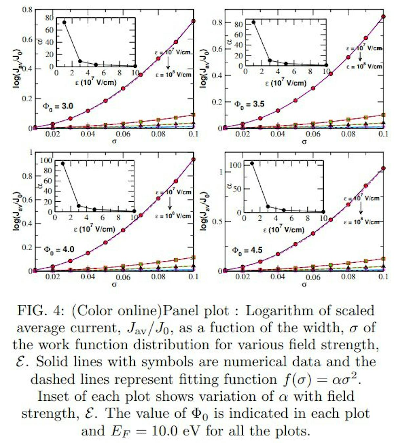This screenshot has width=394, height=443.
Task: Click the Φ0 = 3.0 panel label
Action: tap(58, 106)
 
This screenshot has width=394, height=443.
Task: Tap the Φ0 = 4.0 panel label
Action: tap(59, 250)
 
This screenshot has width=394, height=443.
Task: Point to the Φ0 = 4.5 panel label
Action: tap(247, 251)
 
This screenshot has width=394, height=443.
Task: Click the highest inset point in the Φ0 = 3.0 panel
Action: tap(64, 22)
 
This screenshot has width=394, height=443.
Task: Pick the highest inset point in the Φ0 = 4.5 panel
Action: tap(252, 163)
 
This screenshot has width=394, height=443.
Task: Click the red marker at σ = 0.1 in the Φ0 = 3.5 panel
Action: tap(383, 16)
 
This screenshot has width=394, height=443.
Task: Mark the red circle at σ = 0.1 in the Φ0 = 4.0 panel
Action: tap(193, 160)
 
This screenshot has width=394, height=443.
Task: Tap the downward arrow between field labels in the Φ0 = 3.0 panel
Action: tap(168, 62)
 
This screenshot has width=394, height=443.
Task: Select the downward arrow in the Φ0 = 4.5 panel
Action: tap(361, 208)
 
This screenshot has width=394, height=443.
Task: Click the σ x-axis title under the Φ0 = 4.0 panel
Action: tap(114, 284)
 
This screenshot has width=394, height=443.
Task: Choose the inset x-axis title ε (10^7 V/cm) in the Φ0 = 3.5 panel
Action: tap(286, 82)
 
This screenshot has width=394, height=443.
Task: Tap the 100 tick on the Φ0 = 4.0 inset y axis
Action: tap(46, 160)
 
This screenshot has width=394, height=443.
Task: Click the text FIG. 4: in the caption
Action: tap(41, 311)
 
